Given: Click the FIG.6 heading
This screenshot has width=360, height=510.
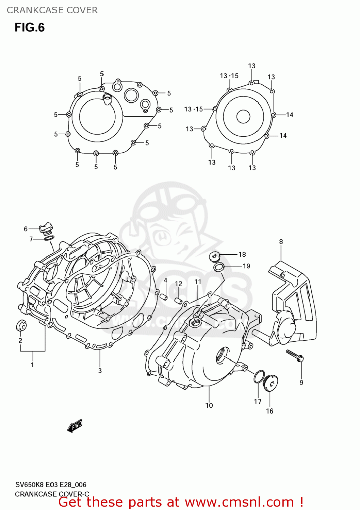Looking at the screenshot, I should point(30,28).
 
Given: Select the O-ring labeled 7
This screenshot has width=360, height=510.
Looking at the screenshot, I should point(49,238).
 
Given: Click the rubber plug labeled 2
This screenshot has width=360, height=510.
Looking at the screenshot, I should point(21,325).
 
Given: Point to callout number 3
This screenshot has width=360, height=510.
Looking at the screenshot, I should point(100,371).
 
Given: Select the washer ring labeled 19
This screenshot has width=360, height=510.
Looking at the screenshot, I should point(218,267).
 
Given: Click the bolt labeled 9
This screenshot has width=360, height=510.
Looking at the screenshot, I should point(295,355).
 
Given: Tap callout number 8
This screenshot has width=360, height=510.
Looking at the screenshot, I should point(281,242).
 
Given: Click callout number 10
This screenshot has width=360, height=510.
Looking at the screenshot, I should point(209,405).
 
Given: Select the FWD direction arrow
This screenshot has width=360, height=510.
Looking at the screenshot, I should point(75,426).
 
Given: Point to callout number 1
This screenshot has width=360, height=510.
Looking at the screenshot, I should point(32,365).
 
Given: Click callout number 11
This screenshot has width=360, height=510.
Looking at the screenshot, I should point(198,282).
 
